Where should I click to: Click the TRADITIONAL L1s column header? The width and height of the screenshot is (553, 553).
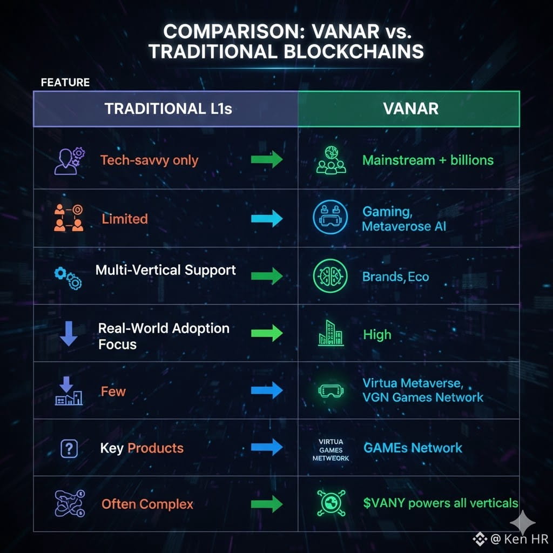[168, 109]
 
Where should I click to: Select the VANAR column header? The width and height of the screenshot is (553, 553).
[410, 109]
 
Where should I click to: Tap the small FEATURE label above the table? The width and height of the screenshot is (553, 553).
[65, 83]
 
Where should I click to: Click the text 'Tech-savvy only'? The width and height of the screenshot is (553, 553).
[149, 160]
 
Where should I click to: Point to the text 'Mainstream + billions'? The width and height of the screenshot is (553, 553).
[428, 160]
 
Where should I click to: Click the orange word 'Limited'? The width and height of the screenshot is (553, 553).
[124, 219]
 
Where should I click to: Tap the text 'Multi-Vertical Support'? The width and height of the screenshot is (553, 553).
[165, 269]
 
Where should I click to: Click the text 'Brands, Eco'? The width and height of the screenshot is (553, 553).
[396, 277]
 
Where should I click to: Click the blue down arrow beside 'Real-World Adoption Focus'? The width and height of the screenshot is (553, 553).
[69, 333]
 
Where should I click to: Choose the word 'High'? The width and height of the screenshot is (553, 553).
[377, 335]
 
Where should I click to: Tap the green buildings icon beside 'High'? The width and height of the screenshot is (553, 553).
[331, 334]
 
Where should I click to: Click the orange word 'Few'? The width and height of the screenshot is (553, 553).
[113, 391]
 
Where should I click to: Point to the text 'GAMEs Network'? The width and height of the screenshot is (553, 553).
[413, 448]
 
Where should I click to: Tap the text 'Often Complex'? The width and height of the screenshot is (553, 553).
[147, 504]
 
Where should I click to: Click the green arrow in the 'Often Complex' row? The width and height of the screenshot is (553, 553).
[267, 504]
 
